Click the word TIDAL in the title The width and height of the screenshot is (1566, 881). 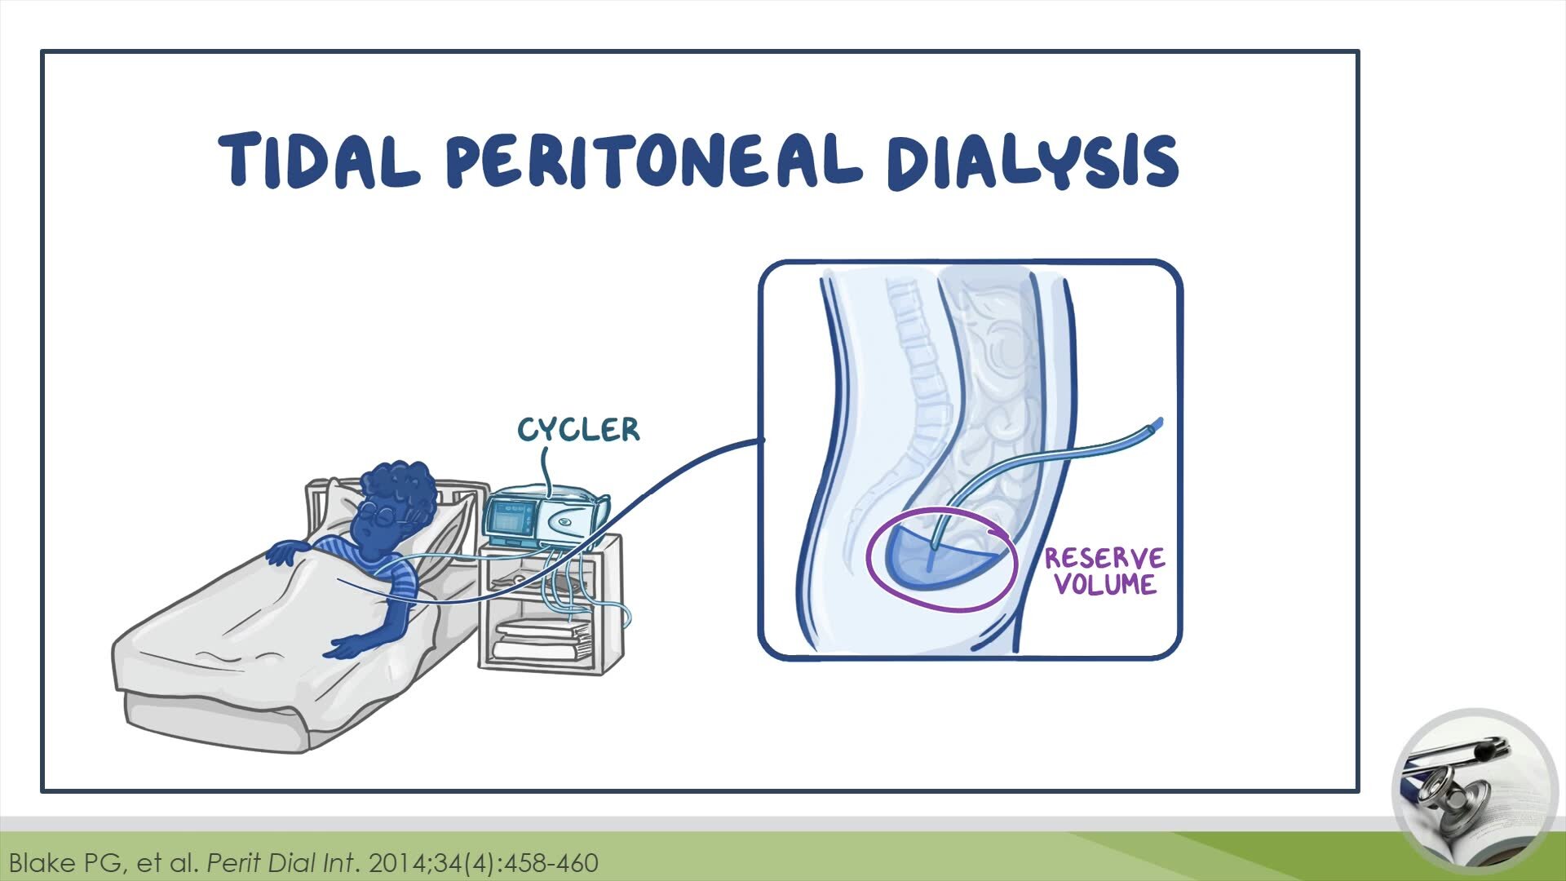click(x=318, y=159)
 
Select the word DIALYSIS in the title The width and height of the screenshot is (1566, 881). click(x=1032, y=161)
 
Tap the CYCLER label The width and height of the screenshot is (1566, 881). click(x=578, y=430)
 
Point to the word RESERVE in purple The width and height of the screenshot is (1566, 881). click(x=1104, y=559)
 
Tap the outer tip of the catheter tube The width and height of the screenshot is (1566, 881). click(x=1156, y=425)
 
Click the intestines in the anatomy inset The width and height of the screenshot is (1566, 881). click(x=1003, y=408)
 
